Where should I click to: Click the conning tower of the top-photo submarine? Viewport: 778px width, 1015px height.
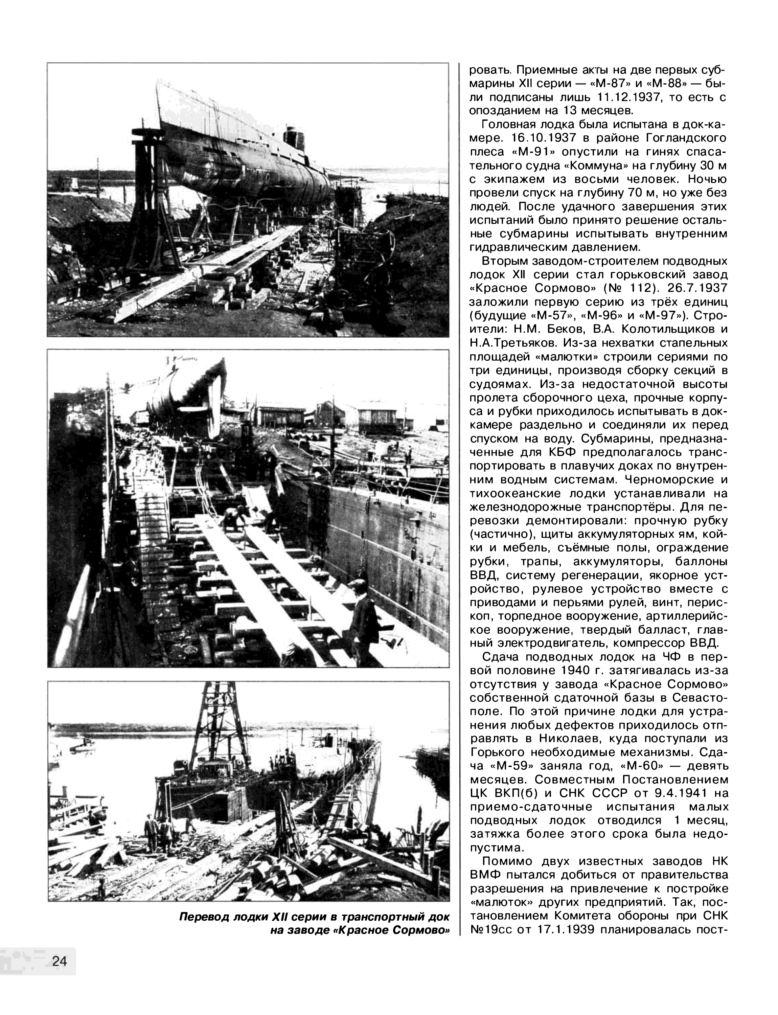[x=294, y=137]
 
